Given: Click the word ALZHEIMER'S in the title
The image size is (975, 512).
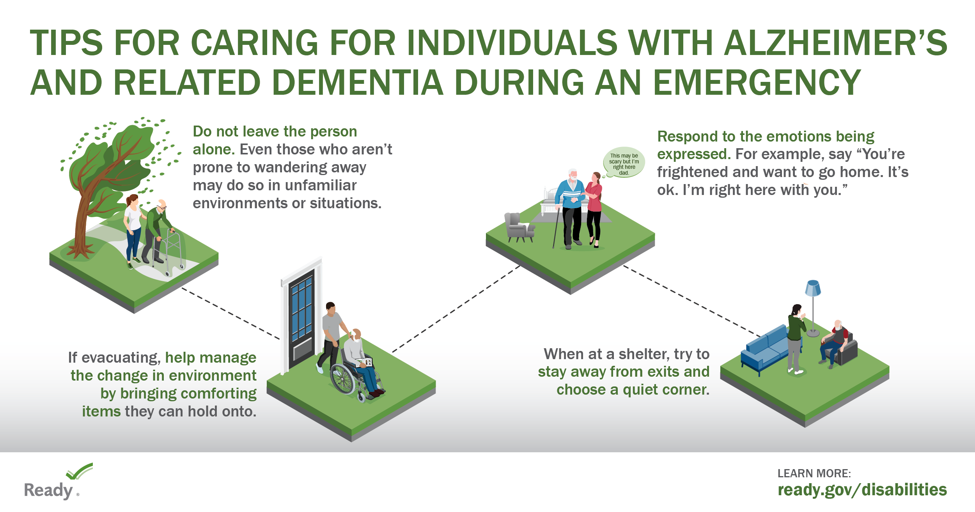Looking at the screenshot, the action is tap(836, 43).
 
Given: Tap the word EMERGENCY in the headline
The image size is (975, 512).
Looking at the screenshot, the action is tap(757, 82).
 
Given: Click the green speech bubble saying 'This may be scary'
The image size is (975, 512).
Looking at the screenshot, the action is tap(624, 163).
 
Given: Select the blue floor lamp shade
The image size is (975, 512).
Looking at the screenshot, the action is tap(813, 288).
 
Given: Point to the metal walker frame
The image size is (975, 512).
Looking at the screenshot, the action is tap(170, 252).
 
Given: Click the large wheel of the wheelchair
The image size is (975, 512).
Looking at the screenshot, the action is tap(342, 378).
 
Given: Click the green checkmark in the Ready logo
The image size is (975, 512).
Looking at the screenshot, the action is tap(80, 471).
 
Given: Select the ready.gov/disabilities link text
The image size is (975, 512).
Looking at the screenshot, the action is tap(862, 490).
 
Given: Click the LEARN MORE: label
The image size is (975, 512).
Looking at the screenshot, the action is tap(814, 473).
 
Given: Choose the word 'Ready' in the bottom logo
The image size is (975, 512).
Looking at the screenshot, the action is tap(48, 491).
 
